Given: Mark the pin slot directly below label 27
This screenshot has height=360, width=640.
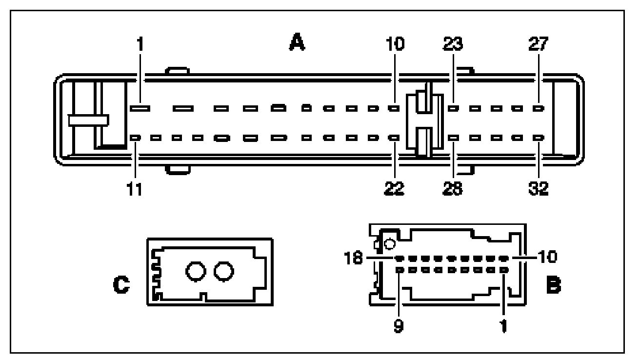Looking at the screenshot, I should pos(539,108).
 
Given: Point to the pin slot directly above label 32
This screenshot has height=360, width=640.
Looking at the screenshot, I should pos(539,138).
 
